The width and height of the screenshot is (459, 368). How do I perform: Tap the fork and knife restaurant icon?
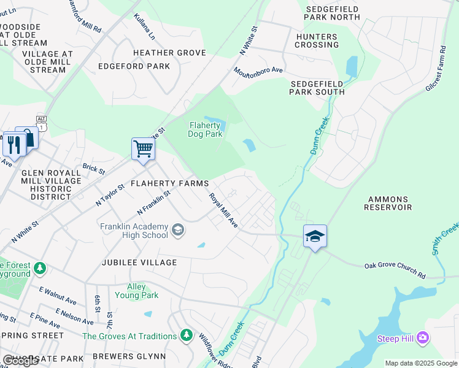coord(13,145)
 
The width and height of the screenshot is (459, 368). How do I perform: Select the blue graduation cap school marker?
coord(315,236)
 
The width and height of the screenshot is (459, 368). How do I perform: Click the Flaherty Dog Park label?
coord(205,129)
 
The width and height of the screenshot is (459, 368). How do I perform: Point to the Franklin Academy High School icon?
coord(177,230)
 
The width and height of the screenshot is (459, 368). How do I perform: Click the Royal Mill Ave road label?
coord(223,211)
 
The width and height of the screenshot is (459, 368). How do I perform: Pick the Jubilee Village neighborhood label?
coord(139,263)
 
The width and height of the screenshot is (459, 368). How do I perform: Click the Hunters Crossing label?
coord(317,40)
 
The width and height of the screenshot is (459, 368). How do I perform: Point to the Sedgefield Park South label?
coord(317,87)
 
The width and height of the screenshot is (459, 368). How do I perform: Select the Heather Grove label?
coord(169,53)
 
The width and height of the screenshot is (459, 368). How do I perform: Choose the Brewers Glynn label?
coord(129,356)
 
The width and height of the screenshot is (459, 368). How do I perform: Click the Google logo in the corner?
coord(21,361)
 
